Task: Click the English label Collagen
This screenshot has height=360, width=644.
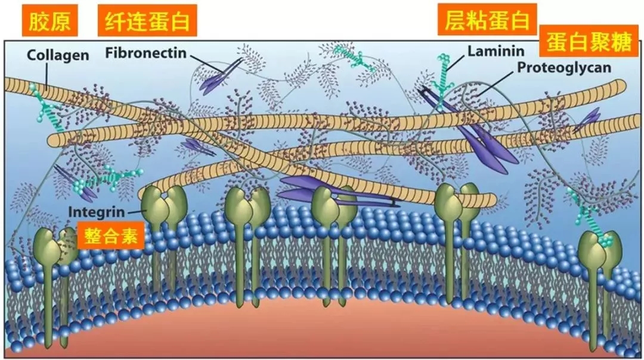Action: tap(58, 55)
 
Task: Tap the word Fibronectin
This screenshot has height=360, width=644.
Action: tap(146, 53)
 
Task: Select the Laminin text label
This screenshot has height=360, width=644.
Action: tap(496, 51)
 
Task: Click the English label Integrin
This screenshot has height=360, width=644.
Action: tap(96, 212)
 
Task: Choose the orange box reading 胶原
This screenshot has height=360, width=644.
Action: tap(49, 20)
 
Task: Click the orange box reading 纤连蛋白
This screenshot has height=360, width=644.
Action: tap(147, 20)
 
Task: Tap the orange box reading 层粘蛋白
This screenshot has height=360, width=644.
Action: tap(487, 19)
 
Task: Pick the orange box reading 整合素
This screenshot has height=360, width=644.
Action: tap(111, 235)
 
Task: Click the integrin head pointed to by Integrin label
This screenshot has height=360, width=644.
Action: tap(163, 204)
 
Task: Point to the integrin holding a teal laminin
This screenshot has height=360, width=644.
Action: tap(600, 255)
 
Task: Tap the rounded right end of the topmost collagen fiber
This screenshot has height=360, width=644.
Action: tap(620, 86)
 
